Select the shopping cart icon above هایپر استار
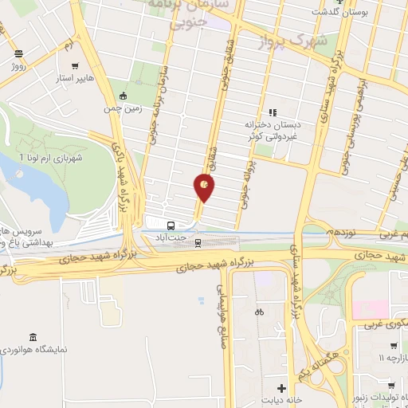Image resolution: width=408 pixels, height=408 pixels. tap(75, 67)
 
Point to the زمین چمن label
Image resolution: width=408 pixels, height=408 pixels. tap(124, 108)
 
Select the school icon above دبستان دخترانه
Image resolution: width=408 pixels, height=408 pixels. tap(272, 112)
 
